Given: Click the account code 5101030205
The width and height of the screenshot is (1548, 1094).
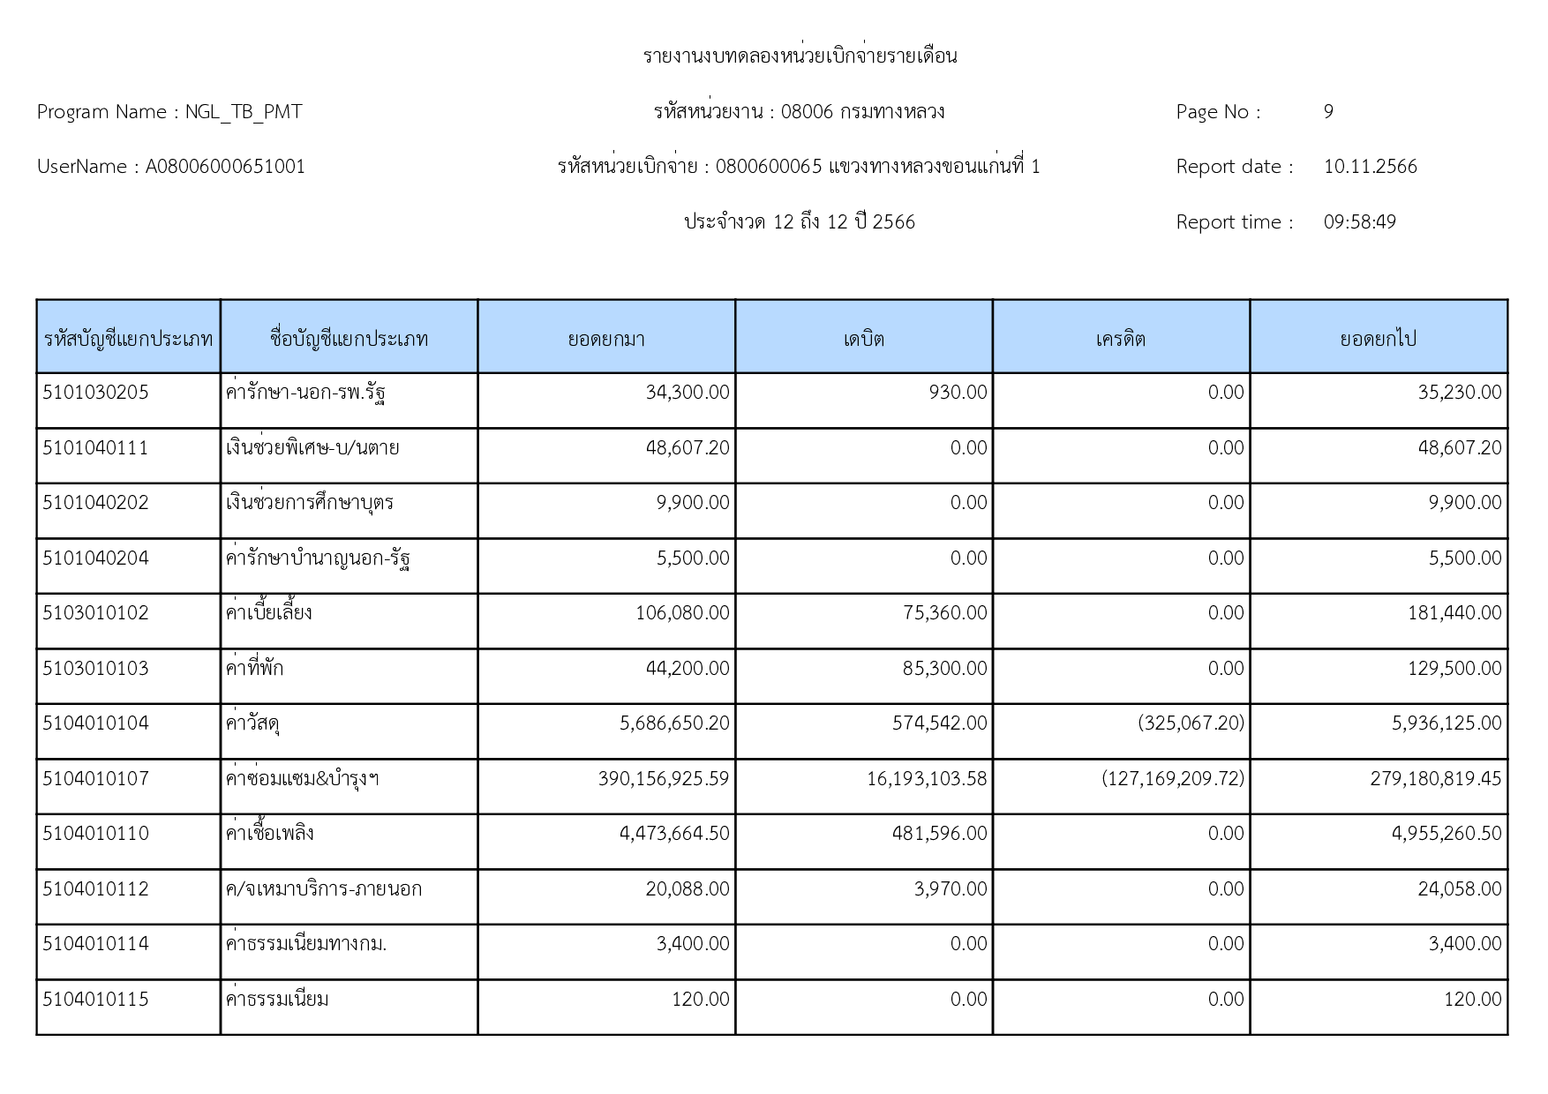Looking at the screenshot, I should point(95,393).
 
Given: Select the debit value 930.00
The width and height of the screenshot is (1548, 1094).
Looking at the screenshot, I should point(958,393).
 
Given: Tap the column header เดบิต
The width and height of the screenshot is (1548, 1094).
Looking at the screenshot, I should point(863,339).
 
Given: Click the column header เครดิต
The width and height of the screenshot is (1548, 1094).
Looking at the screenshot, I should point(1120,339).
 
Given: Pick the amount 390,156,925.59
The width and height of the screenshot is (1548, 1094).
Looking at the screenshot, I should point(664,779).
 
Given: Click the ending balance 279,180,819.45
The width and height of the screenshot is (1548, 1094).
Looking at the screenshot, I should point(1435,779).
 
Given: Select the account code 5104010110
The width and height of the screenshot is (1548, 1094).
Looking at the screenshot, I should point(95,834).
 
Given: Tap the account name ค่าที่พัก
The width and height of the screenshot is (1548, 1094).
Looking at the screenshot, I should point(254,669).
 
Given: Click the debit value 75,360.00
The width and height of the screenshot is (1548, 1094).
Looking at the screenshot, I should point(944,613).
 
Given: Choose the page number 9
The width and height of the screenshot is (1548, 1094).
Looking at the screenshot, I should point(1328,112).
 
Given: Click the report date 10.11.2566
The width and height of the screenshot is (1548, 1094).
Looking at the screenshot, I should point(1370,167).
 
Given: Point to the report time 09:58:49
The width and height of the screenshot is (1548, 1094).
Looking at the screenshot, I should point(1359,222).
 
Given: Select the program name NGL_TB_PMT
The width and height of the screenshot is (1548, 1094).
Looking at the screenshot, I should point(244,112).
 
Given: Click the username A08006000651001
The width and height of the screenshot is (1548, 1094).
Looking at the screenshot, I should point(225,167).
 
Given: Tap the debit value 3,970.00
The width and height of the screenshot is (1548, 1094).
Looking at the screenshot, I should point(951,889).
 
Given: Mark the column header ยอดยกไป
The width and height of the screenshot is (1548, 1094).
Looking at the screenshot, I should point(1378,339).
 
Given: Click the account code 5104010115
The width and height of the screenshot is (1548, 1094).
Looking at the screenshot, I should point(95,1000).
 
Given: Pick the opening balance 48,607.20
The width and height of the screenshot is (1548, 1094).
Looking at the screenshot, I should point(688,448).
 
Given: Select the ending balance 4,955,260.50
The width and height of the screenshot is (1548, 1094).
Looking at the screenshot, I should point(1446,834).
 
